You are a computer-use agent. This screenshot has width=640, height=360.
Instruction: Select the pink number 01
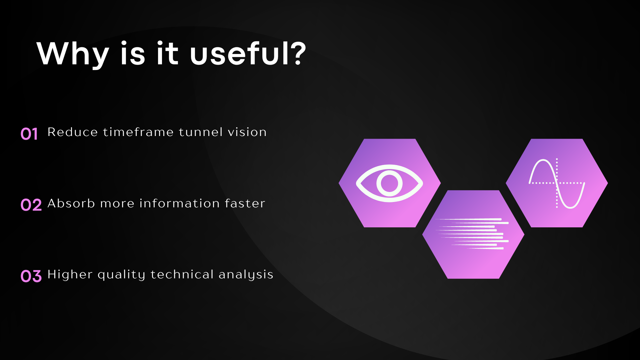(29, 134)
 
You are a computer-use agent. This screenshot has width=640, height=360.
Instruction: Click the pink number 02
(31, 205)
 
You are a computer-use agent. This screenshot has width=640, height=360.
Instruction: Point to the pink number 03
(31, 276)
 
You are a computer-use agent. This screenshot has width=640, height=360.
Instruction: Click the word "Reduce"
(73, 132)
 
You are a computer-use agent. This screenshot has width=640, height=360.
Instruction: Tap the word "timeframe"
(138, 132)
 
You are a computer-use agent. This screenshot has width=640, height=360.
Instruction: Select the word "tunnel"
(201, 132)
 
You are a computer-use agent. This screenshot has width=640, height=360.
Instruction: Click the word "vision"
(247, 132)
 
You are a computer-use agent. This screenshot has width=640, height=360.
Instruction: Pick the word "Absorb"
(71, 203)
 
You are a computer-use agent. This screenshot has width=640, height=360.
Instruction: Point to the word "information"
(179, 203)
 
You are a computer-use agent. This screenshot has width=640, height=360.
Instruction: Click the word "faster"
(245, 203)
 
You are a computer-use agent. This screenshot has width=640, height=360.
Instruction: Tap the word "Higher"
(70, 274)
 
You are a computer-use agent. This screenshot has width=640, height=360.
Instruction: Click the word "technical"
(182, 274)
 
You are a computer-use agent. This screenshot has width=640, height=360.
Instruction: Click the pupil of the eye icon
(389, 183)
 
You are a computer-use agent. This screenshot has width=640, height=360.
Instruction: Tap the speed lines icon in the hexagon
(472, 234)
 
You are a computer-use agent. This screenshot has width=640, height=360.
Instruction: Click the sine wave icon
(557, 183)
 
